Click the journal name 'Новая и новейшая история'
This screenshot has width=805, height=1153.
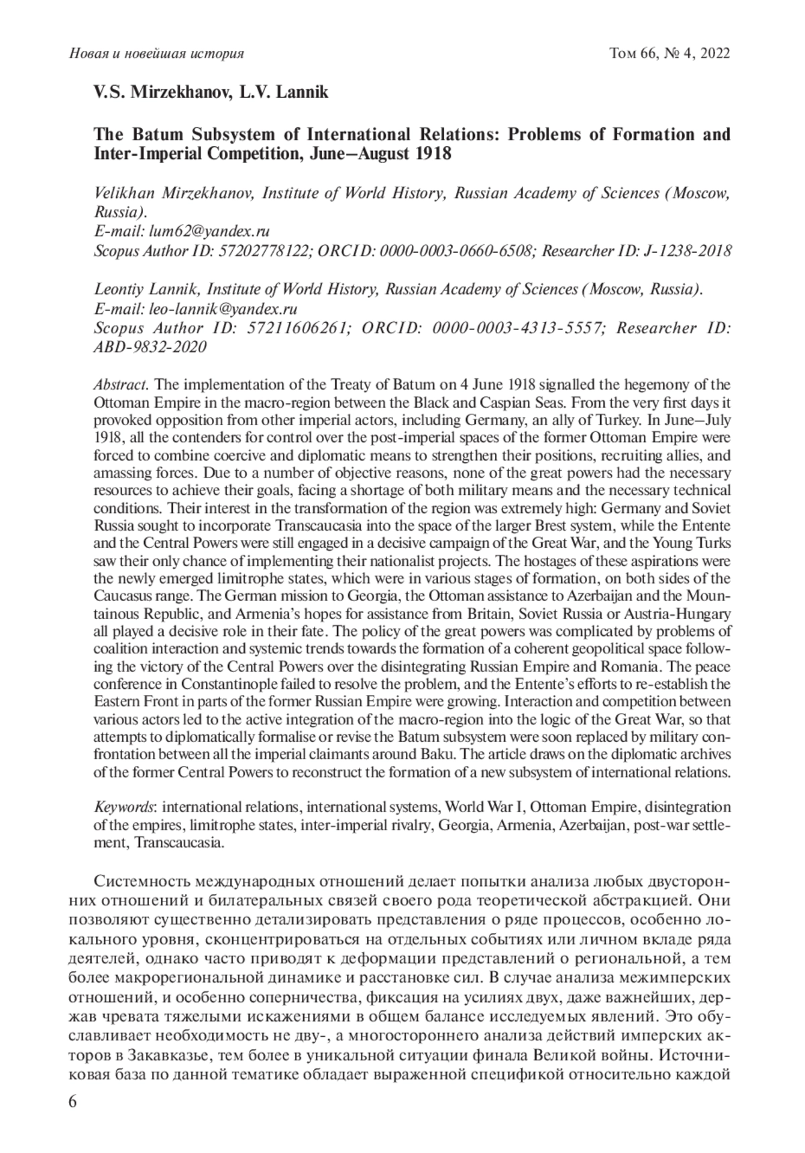[x=156, y=53]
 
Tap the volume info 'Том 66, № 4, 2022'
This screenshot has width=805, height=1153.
[x=669, y=53]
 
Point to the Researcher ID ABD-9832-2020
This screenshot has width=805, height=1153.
[x=150, y=347]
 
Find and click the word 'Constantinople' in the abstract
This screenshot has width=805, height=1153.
[x=213, y=684]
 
